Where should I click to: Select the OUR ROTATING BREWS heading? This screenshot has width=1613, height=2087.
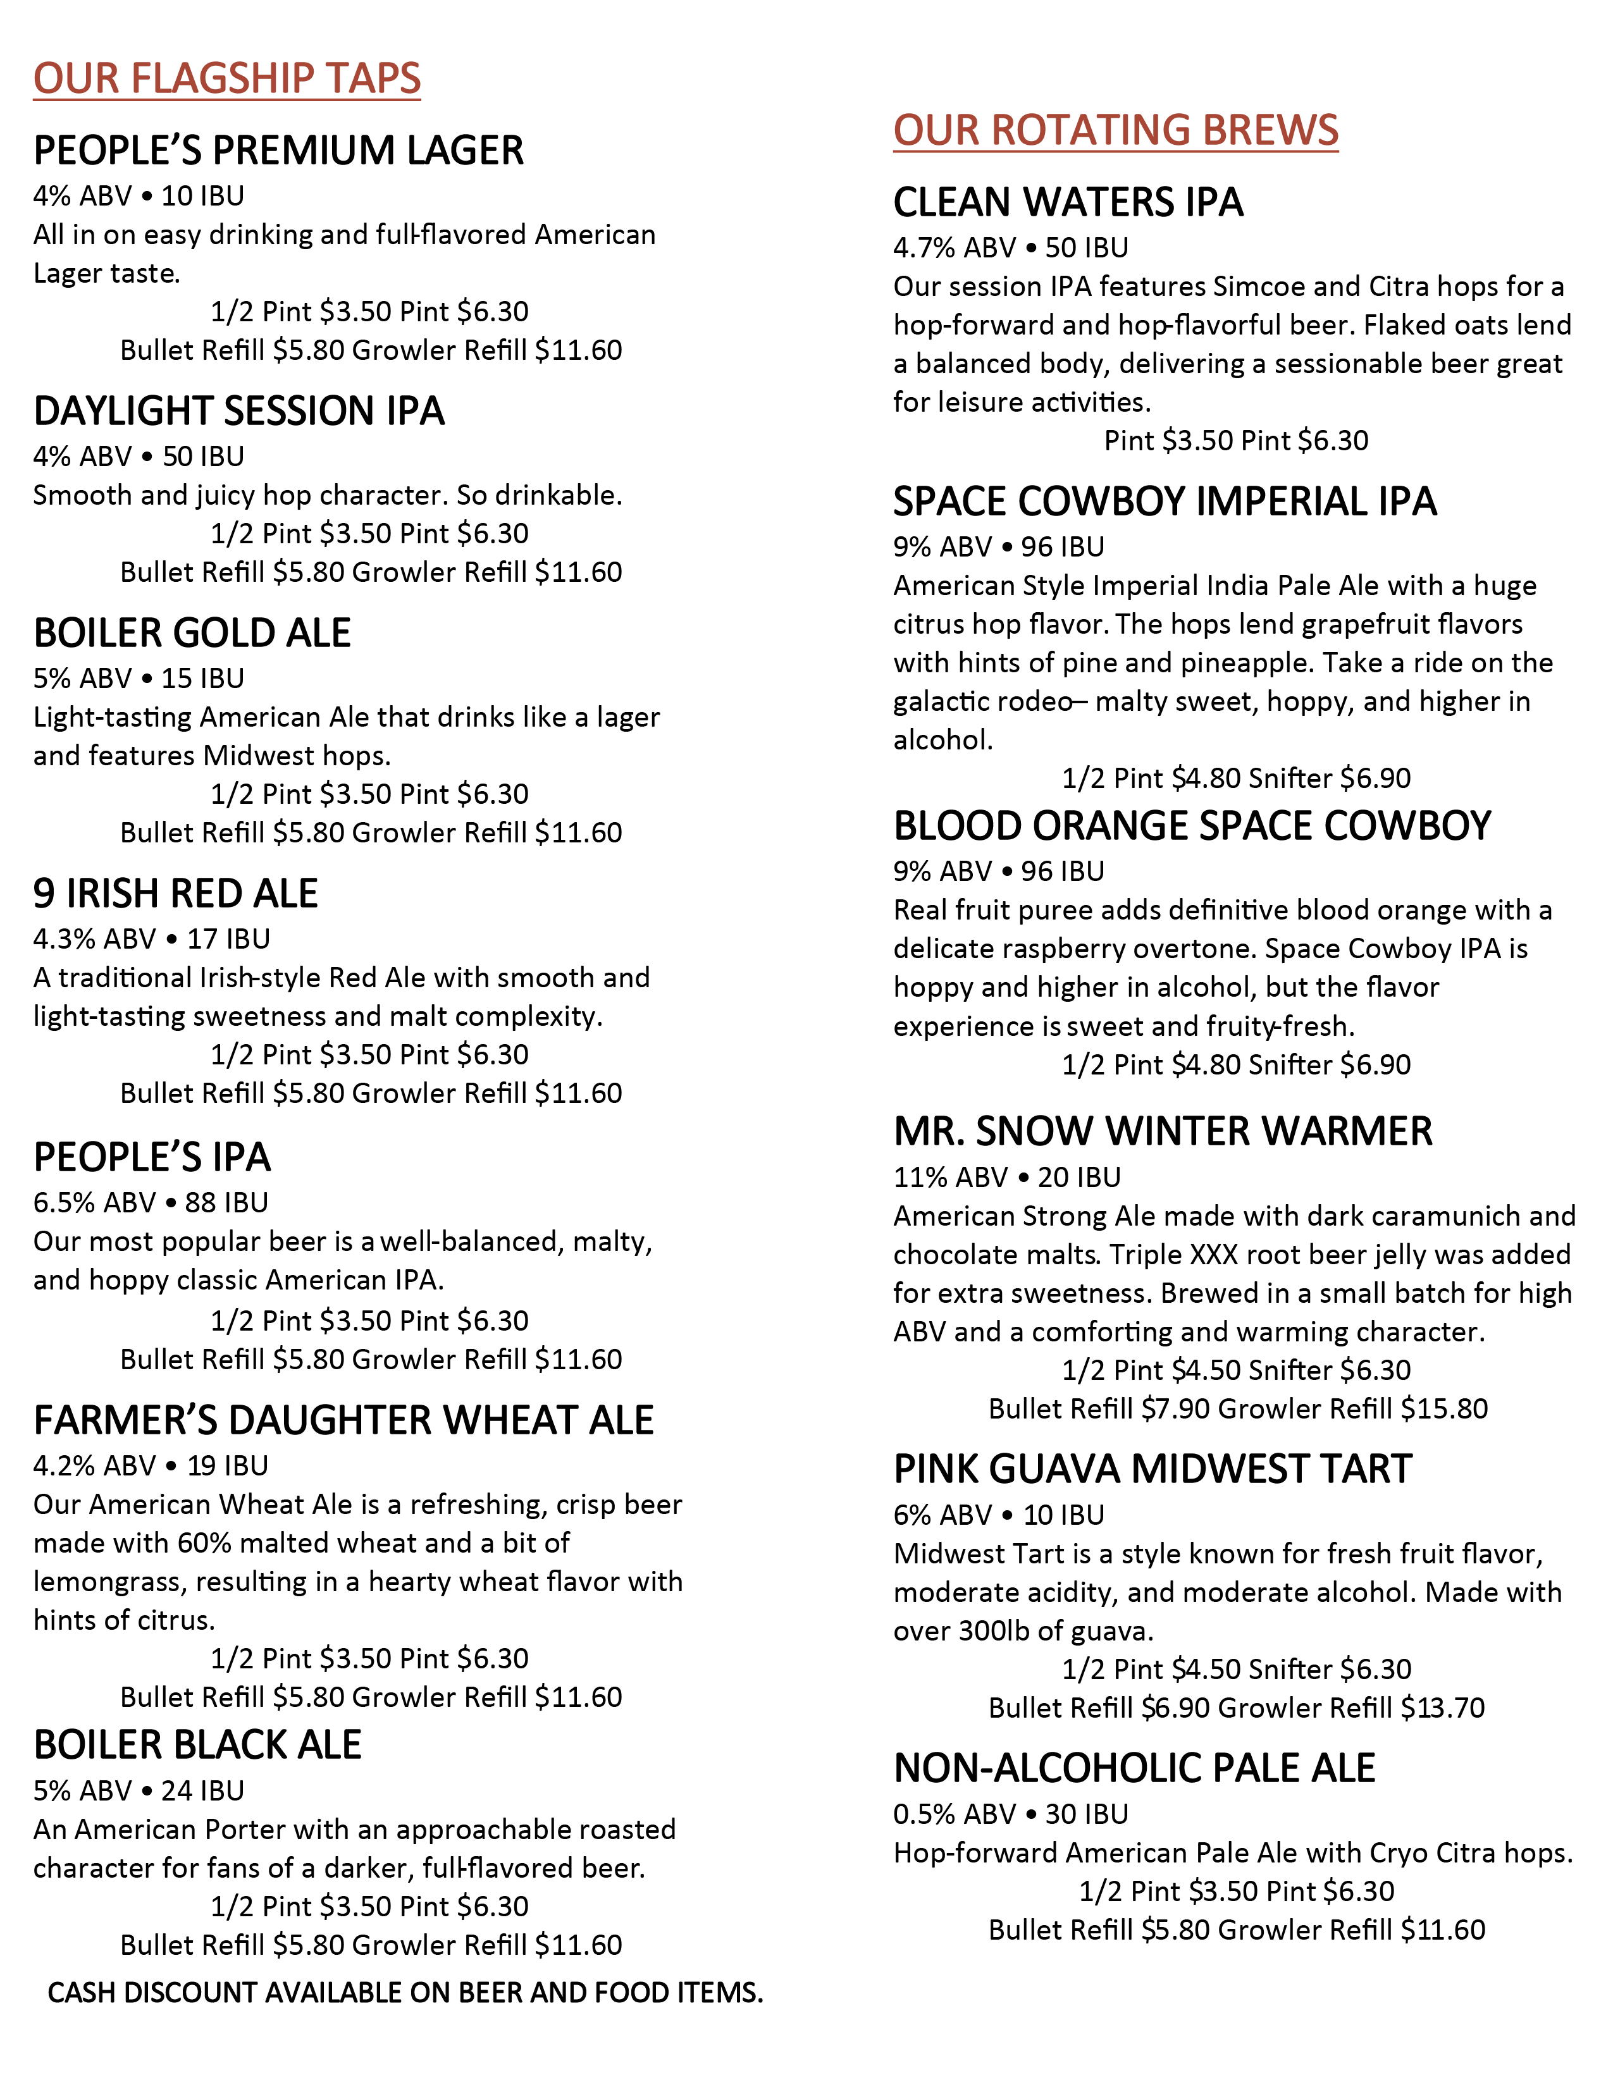pyautogui.click(x=1115, y=130)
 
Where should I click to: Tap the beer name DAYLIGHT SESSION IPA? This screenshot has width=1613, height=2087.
pyautogui.click(x=239, y=411)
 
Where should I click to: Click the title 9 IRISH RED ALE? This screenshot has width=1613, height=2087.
pyautogui.click(x=176, y=894)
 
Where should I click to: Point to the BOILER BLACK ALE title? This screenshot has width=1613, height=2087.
pyautogui.click(x=198, y=1745)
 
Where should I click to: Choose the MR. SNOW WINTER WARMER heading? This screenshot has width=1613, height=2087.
pyautogui.click(x=1163, y=1131)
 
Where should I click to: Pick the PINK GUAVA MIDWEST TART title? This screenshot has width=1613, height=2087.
pyautogui.click(x=1153, y=1470)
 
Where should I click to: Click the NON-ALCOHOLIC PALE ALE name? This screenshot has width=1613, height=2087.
pyautogui.click(x=1134, y=1769)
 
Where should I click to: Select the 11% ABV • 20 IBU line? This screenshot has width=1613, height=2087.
pyautogui.click(x=1007, y=1178)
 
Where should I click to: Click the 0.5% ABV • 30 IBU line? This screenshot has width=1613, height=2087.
pyautogui.click(x=1011, y=1814)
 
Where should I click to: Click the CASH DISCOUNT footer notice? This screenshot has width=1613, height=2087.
pyautogui.click(x=405, y=1993)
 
